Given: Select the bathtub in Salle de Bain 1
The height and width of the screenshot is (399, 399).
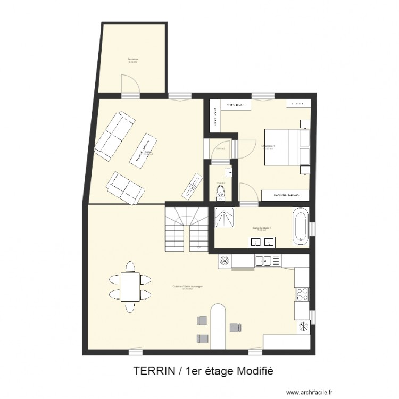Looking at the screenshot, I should [x=301, y=229].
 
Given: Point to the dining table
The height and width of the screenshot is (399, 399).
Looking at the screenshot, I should [x=129, y=287].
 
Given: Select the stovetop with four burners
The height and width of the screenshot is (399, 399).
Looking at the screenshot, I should [x=302, y=294].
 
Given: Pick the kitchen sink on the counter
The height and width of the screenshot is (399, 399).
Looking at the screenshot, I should [x=263, y=261].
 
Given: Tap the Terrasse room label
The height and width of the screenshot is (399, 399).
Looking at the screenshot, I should [x=132, y=59].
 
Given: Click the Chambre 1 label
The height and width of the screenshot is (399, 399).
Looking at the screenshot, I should [x=268, y=146].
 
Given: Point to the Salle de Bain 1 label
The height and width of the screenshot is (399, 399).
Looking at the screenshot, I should [x=262, y=228].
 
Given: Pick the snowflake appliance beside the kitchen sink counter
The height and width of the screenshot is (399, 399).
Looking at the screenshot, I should [x=225, y=261].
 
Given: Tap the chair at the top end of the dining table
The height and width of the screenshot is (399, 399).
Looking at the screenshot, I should [x=129, y=265].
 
